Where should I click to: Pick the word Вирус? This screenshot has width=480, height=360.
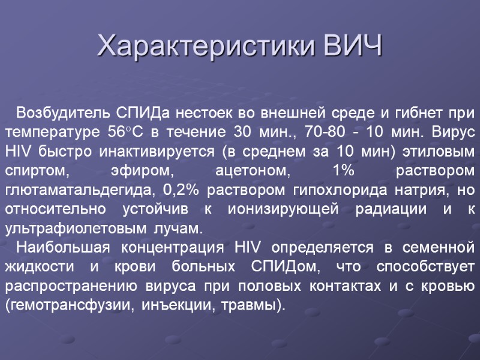[x=454, y=132]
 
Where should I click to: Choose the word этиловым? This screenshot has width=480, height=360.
[x=442, y=151]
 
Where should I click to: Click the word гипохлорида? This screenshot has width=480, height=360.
[x=329, y=190]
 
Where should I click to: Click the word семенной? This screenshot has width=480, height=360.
[x=439, y=248]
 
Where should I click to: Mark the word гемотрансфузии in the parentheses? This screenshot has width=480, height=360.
[x=70, y=305]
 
